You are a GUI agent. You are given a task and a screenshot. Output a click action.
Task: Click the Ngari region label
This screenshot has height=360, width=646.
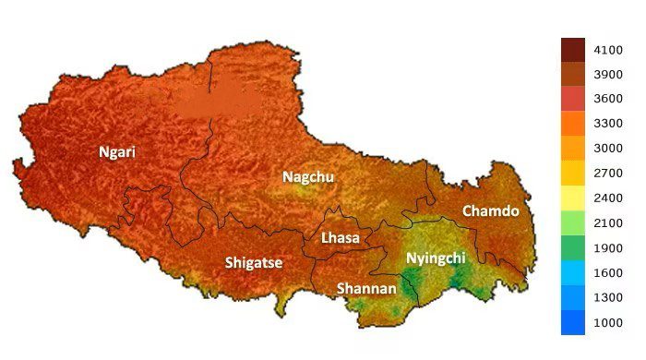click(x=117, y=152)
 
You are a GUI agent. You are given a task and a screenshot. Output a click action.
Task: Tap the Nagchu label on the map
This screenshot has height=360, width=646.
click(x=308, y=176)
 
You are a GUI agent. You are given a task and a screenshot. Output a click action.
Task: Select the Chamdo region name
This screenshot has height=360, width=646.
click(x=491, y=211)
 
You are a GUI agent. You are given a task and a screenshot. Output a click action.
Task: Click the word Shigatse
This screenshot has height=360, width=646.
click(x=254, y=263)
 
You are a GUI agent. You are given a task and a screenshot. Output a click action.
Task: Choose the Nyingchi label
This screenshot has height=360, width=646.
click(x=436, y=258)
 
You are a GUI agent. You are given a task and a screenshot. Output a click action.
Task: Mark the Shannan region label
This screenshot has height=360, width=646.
click(x=366, y=288)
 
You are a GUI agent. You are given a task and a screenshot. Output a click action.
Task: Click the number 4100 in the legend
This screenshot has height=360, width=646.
click(x=606, y=51)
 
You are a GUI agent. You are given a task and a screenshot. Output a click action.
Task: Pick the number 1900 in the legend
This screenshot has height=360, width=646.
click(x=606, y=247)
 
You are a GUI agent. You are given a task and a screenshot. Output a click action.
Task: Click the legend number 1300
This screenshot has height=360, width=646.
click(x=606, y=297)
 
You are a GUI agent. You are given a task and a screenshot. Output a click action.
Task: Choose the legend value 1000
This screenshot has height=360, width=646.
click(x=606, y=322)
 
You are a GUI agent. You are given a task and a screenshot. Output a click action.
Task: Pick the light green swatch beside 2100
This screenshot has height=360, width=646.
click(x=573, y=222)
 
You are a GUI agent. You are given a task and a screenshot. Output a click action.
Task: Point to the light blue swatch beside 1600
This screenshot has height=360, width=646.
click(x=573, y=272)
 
